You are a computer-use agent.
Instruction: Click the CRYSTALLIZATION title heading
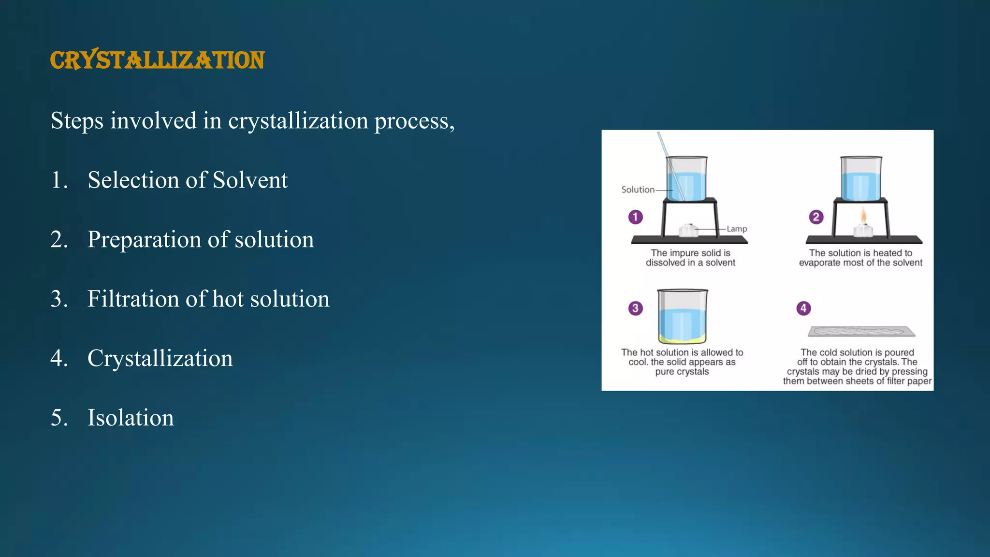click(157, 60)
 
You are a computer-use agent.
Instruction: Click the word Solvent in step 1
click(250, 180)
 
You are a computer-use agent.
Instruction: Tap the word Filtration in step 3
click(133, 299)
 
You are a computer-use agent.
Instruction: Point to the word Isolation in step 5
click(130, 418)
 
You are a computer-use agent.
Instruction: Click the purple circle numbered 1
click(635, 217)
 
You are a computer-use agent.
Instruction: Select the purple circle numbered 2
click(816, 217)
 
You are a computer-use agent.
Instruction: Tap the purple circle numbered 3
click(635, 308)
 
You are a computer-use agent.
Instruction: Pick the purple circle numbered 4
click(803, 308)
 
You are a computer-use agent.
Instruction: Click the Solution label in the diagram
click(638, 190)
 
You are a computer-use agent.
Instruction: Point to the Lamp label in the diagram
click(737, 229)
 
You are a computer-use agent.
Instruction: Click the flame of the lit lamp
click(863, 216)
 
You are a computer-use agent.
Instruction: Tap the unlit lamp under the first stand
click(689, 230)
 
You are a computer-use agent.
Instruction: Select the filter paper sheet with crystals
click(861, 332)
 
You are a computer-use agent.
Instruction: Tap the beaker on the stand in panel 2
click(861, 179)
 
